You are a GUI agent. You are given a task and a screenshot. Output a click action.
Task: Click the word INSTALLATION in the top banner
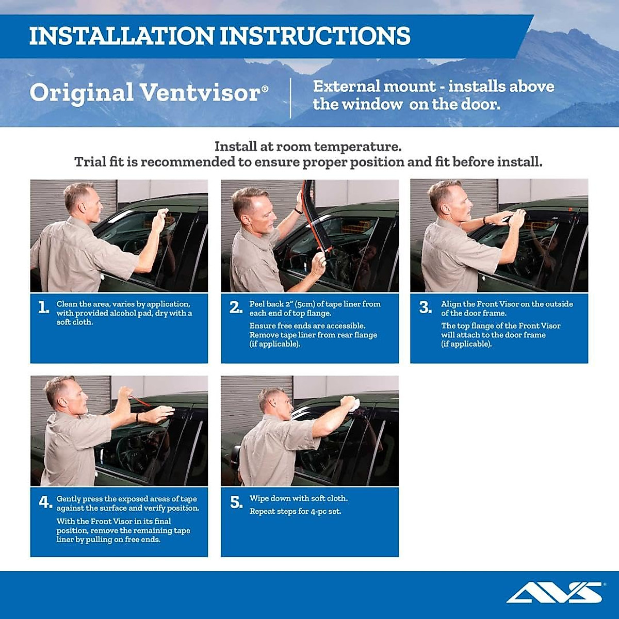122,36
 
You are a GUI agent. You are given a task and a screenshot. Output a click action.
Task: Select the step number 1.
43,308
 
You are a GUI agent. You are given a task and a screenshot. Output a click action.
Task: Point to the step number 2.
236,308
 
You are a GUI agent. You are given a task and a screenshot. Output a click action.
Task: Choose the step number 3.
425,308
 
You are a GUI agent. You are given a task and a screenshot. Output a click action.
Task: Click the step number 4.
45,502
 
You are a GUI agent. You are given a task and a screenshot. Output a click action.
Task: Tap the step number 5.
236,502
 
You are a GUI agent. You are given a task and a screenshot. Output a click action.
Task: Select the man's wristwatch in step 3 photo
485,220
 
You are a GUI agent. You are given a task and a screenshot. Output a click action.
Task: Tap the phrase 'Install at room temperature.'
308,146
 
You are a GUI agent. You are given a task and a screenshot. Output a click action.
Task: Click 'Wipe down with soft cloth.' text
299,498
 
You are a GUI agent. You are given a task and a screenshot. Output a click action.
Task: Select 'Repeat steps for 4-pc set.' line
295,512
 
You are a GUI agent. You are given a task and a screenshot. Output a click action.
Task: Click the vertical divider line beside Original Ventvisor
290,98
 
